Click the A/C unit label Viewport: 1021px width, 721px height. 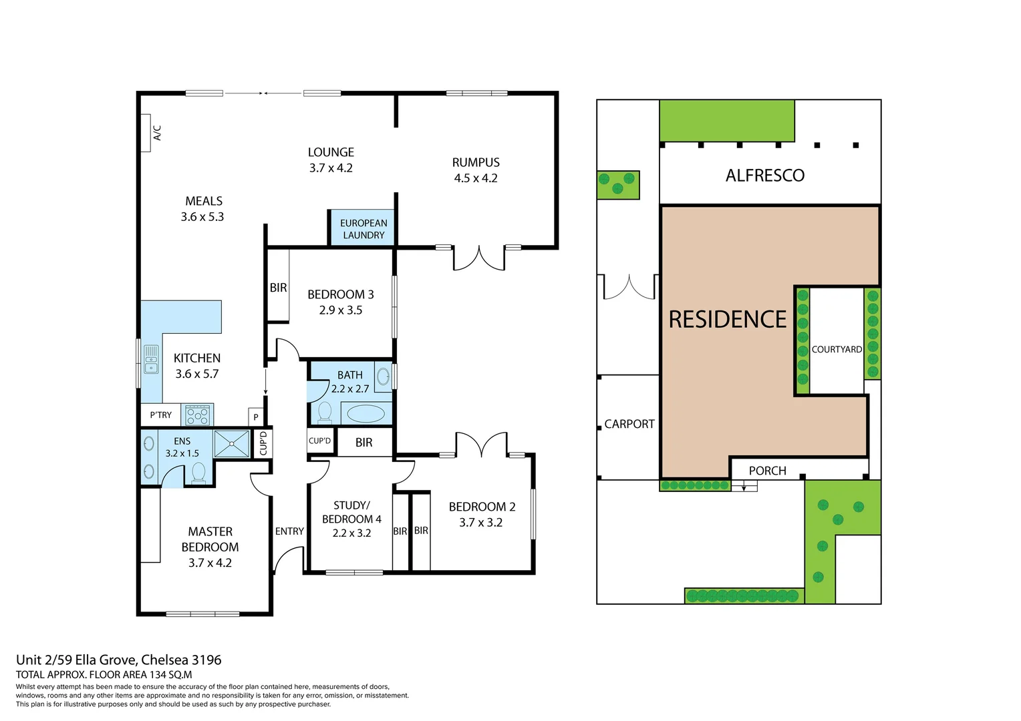[x=158, y=133]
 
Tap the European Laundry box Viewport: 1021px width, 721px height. [x=363, y=228]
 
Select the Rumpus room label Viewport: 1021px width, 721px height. [x=476, y=162]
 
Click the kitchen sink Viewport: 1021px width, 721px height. [x=152, y=359]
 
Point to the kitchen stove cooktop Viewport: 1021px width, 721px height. [x=198, y=415]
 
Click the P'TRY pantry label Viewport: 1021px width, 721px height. [x=161, y=415]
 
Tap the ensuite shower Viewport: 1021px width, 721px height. [x=231, y=444]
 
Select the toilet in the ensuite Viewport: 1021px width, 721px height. [x=198, y=473]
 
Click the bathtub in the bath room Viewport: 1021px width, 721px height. [x=366, y=413]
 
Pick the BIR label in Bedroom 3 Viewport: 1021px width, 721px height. [x=278, y=288]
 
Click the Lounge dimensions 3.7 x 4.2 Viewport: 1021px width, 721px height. [x=331, y=168]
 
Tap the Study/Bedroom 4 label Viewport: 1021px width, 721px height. [x=351, y=512]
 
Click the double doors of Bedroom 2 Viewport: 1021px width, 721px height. [x=481, y=446]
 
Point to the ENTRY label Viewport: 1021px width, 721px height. [x=289, y=531]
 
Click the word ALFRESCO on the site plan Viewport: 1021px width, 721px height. [x=765, y=176]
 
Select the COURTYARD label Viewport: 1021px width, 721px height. [x=837, y=349]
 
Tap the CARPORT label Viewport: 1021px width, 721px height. [x=629, y=424]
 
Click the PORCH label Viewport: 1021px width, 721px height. [x=767, y=471]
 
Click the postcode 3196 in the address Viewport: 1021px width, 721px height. [x=206, y=660]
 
